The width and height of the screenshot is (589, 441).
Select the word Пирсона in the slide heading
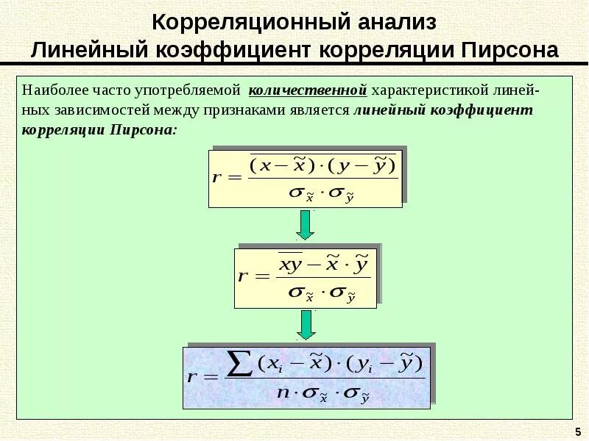coord(510,51)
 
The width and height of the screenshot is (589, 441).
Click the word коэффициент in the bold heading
coord(239,51)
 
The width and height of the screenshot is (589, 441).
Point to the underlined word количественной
coord(308,90)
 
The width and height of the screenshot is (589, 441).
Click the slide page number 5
coord(576,430)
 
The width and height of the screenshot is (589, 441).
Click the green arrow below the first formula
coord(305,224)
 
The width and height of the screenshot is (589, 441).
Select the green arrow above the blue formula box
coord(305,324)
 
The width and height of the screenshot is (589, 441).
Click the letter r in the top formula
coord(216,178)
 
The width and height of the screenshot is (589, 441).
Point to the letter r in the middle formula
coord(242,277)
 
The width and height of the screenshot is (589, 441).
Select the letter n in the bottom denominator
coord(283,391)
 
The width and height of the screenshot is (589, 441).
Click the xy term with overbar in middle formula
coord(290,265)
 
